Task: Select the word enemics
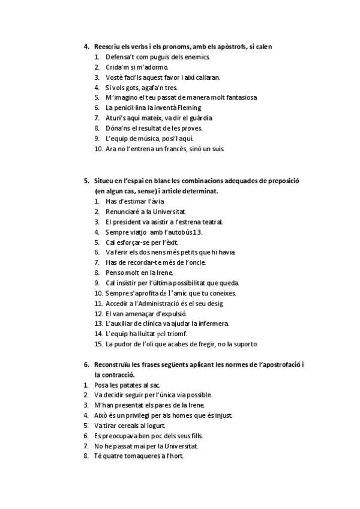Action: coord(197,57)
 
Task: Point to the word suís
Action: coord(217,148)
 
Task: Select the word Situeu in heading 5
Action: coord(104,181)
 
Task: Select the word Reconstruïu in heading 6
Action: coord(112,364)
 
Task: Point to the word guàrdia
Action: coord(201,118)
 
